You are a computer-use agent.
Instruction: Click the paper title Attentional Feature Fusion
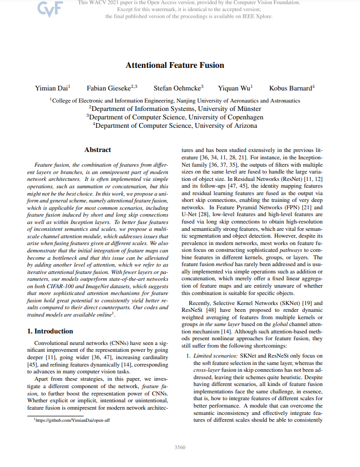(175, 65)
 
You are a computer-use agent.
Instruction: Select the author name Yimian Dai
(52, 88)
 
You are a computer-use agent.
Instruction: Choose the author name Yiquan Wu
(235, 88)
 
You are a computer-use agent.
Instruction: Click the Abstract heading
(97, 150)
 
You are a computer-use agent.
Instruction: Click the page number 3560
(179, 448)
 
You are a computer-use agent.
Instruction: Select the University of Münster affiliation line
(175, 109)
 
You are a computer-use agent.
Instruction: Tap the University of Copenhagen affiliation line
(175, 117)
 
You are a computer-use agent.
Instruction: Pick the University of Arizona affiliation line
(175, 126)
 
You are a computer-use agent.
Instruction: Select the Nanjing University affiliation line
(175, 100)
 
